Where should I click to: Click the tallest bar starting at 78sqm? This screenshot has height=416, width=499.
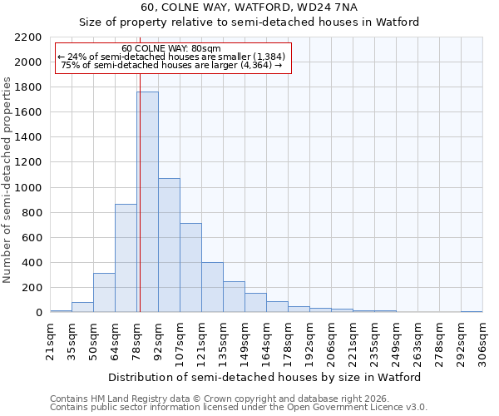147,202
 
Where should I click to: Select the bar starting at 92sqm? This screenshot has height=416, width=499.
169,245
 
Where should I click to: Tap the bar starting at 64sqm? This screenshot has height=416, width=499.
126,258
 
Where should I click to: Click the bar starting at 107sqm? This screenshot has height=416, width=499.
190,267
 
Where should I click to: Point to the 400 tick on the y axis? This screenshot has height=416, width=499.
32,263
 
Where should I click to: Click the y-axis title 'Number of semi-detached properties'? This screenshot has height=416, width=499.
7,180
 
